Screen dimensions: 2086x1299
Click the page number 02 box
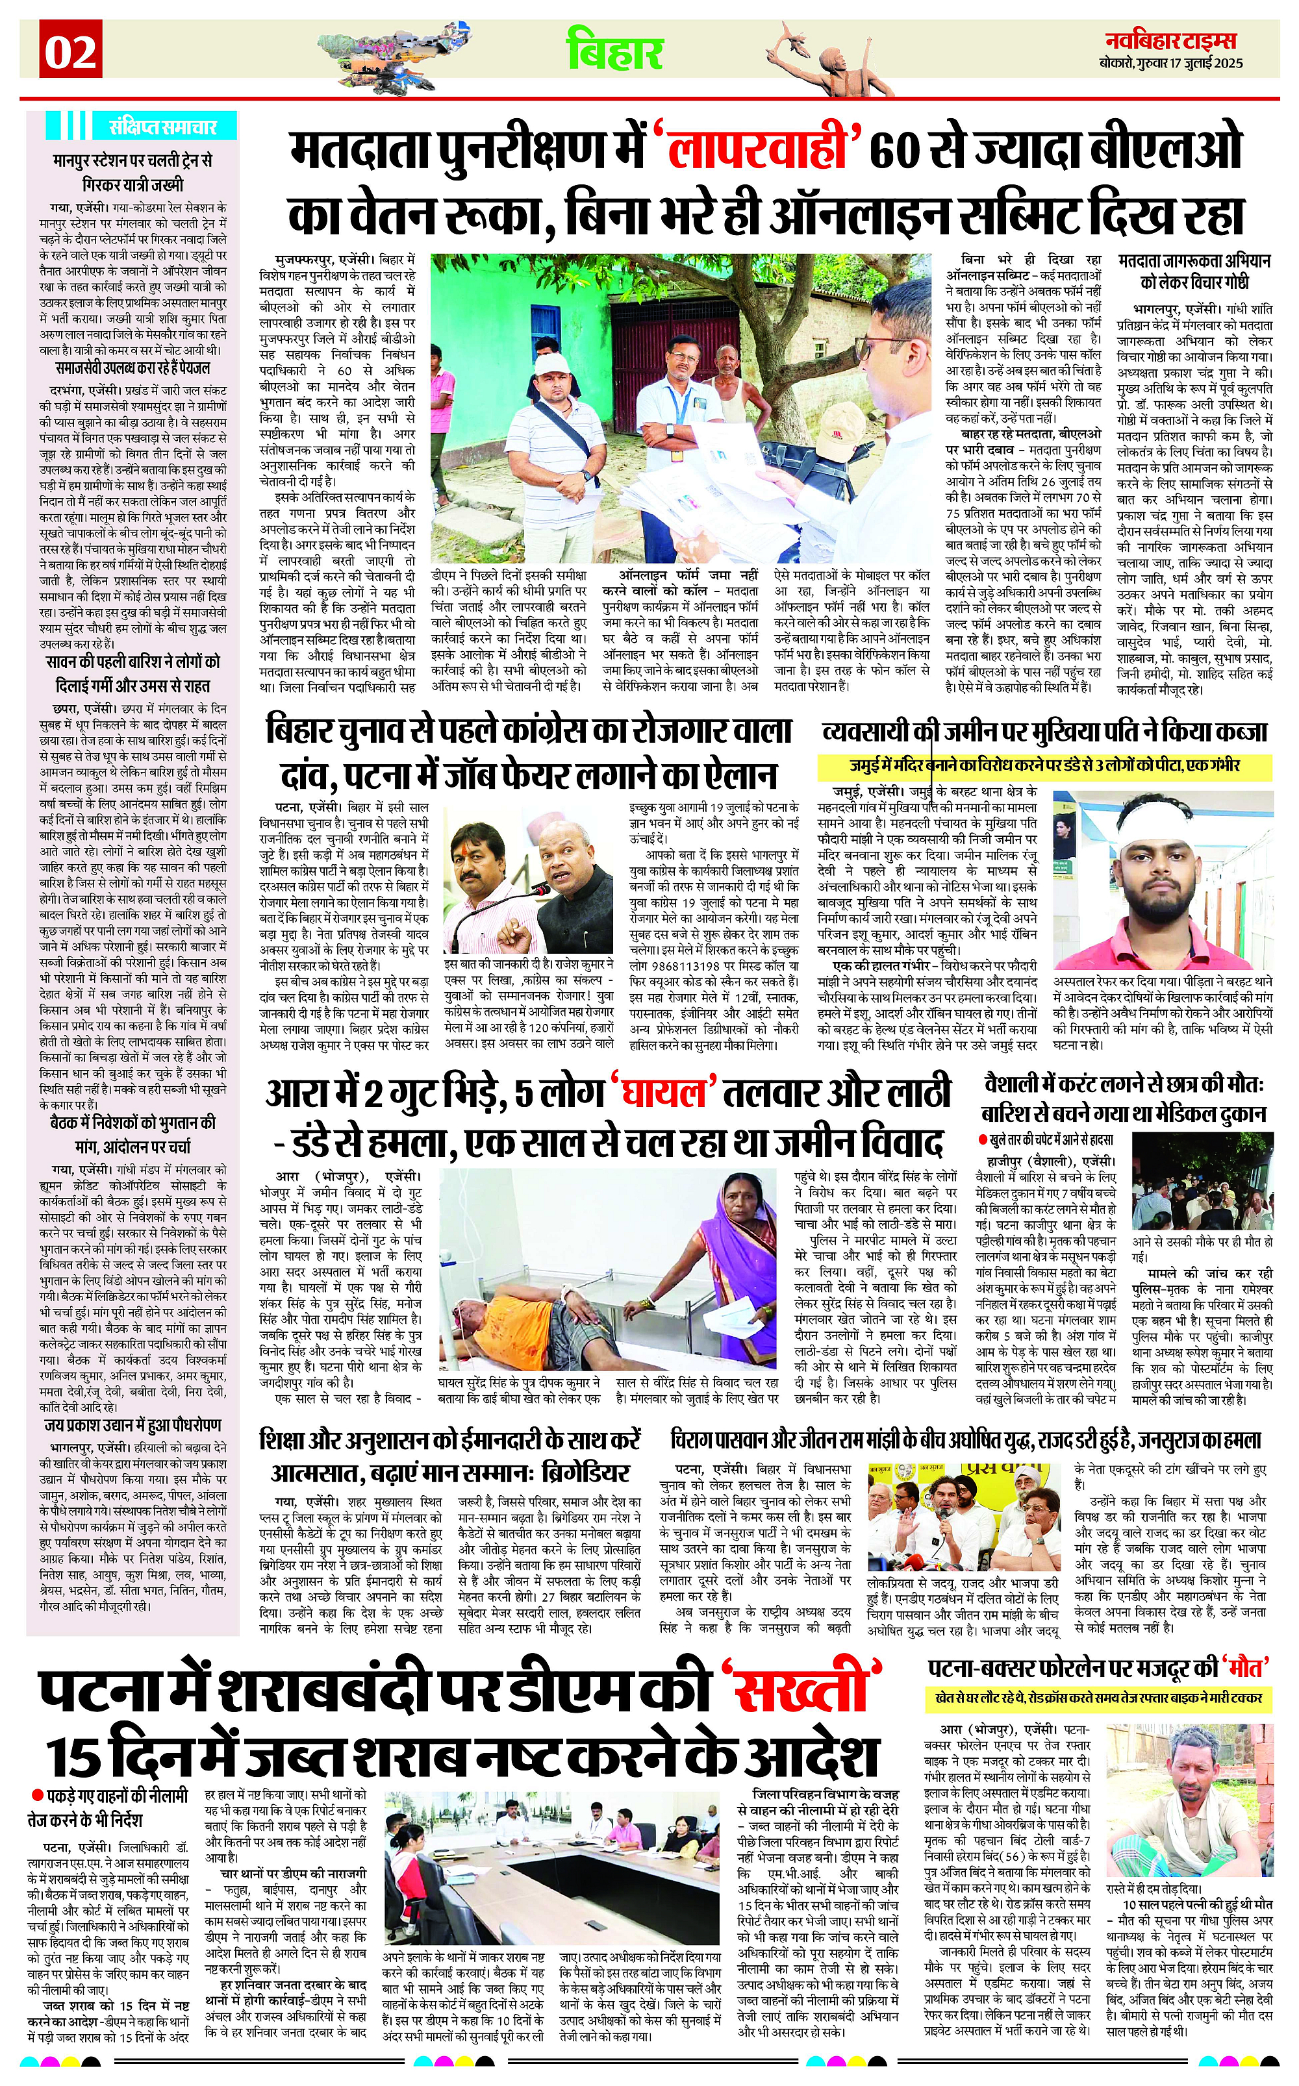pyautogui.click(x=70, y=53)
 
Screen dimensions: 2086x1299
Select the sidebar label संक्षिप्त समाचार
pyautogui.click(x=162, y=128)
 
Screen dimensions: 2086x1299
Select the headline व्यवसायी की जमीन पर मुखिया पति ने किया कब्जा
pyautogui.click(x=1044, y=732)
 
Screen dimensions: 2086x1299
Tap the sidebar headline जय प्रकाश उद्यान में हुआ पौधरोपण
pyautogui.click(x=133, y=1424)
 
